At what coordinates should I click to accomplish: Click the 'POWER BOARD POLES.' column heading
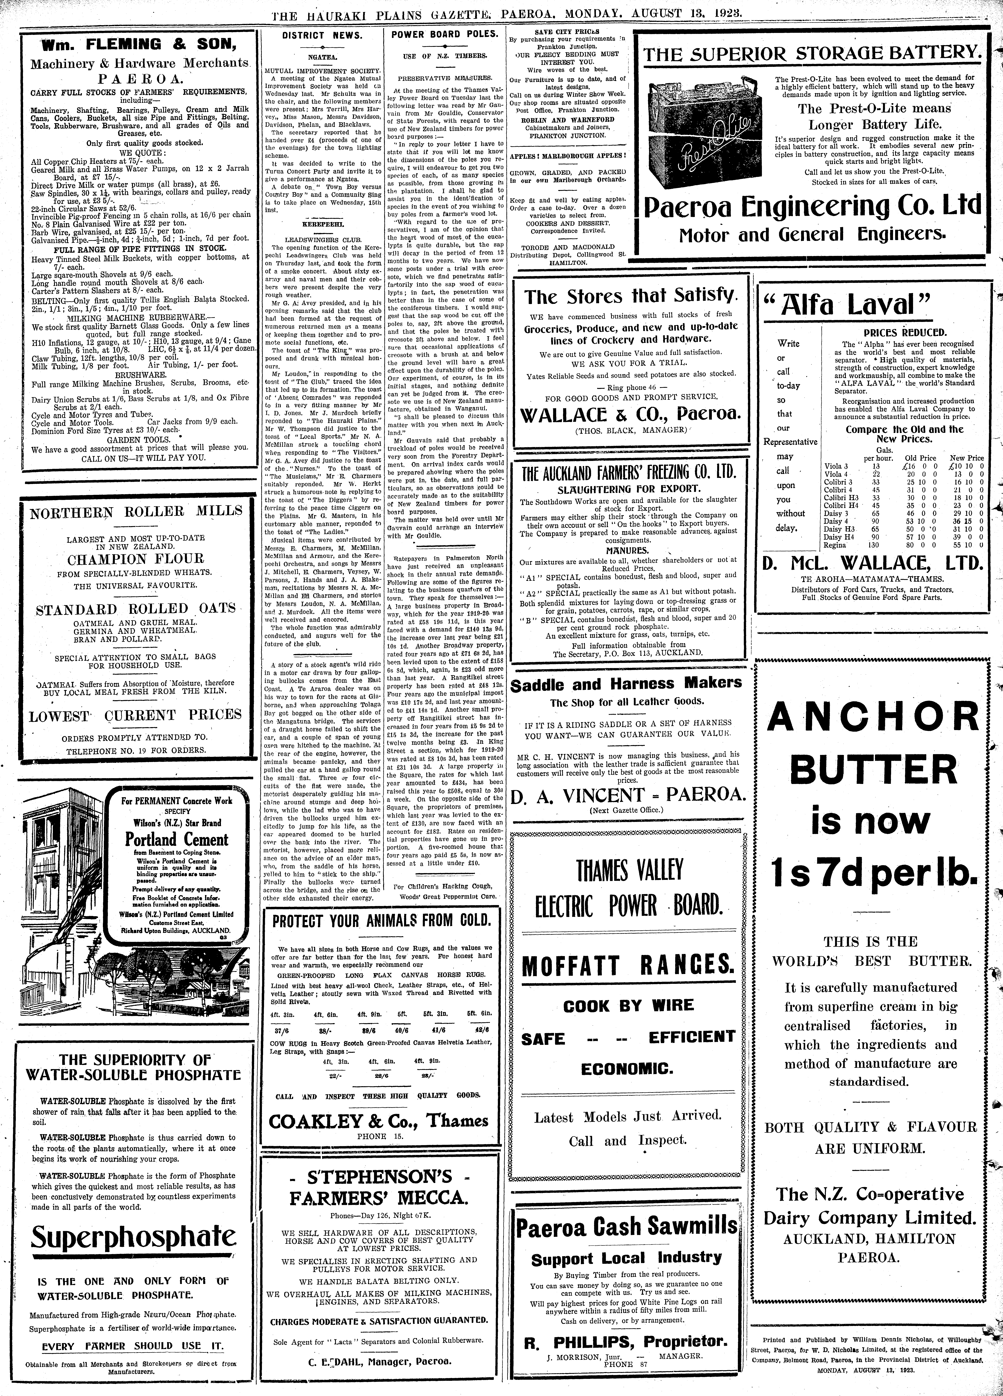coord(445,35)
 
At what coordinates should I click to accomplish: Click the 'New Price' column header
coord(967,458)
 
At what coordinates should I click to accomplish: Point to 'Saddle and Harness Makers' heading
coord(627,683)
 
